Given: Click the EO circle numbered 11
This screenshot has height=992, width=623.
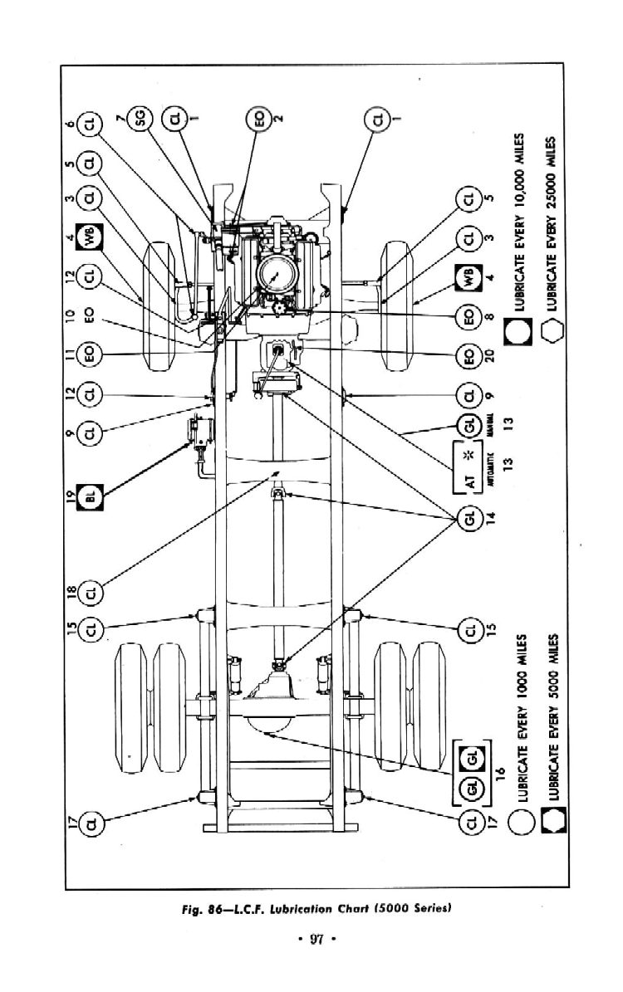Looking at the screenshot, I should [90, 354].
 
